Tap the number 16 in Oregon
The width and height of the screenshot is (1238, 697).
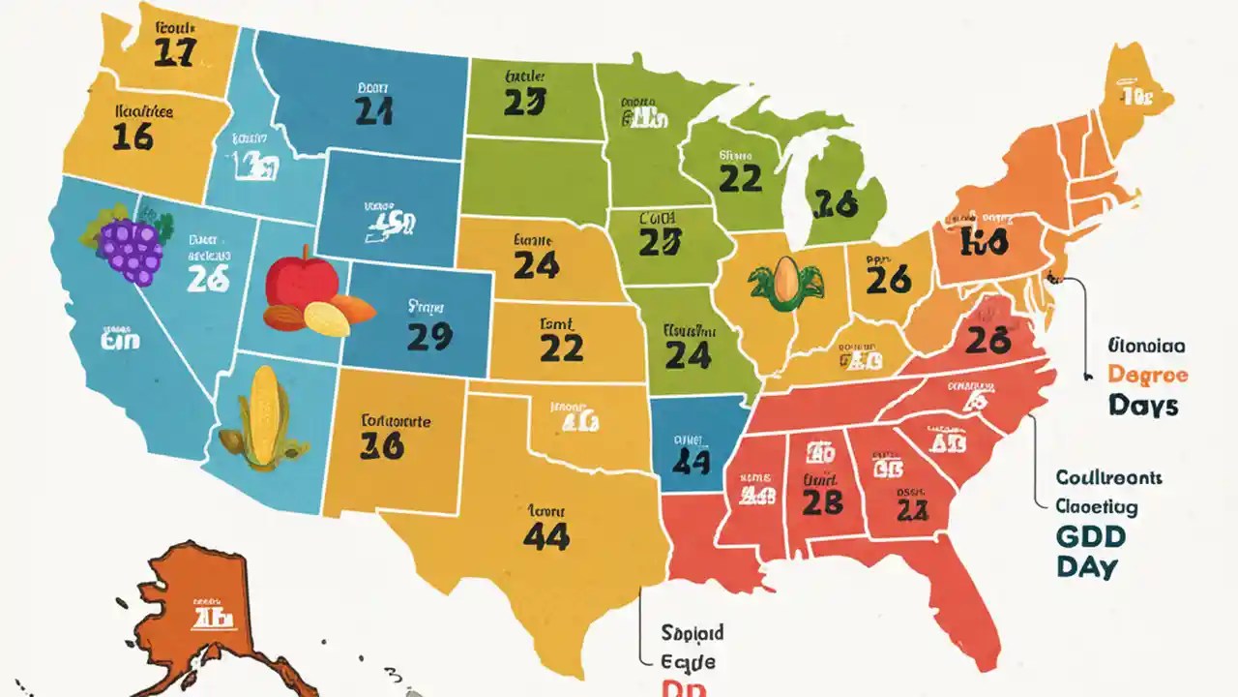click(x=133, y=136)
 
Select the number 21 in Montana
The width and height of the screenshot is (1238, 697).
click(x=373, y=111)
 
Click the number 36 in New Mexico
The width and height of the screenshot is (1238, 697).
click(x=381, y=446)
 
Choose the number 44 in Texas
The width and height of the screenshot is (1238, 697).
click(x=545, y=537)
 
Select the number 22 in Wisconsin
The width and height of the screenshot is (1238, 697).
click(x=740, y=177)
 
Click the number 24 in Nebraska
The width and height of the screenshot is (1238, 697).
click(x=537, y=264)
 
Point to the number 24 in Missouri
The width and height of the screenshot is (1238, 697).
click(x=688, y=355)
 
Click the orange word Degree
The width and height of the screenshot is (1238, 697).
click(x=1147, y=374)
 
